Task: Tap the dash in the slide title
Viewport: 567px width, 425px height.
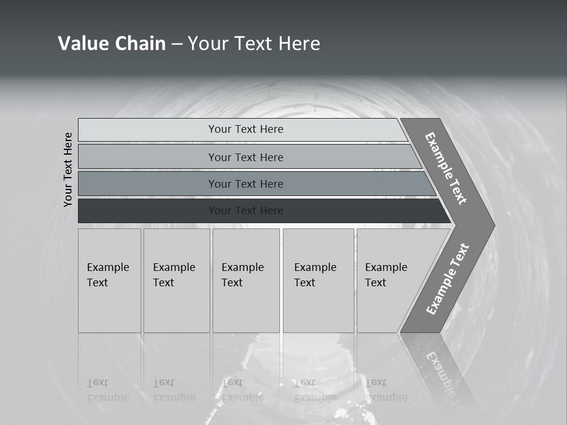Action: [x=177, y=44]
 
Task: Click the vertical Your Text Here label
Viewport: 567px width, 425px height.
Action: [x=68, y=169]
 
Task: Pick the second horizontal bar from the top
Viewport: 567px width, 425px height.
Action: [x=246, y=157]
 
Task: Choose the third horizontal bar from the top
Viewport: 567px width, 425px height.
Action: [x=246, y=184]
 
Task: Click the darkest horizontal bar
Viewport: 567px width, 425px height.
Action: [x=246, y=211]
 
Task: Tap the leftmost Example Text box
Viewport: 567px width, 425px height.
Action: [x=109, y=280]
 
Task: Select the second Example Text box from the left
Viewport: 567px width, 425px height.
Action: [x=176, y=280]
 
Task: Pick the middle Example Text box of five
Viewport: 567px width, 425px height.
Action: [x=246, y=280]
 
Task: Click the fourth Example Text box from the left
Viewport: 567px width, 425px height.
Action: [x=318, y=280]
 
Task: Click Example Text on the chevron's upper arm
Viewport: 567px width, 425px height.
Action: [x=446, y=168]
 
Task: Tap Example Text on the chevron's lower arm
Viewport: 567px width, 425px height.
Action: [x=448, y=279]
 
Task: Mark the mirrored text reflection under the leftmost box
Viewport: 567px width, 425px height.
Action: [x=107, y=390]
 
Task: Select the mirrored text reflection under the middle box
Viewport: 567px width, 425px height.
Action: [x=242, y=390]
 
